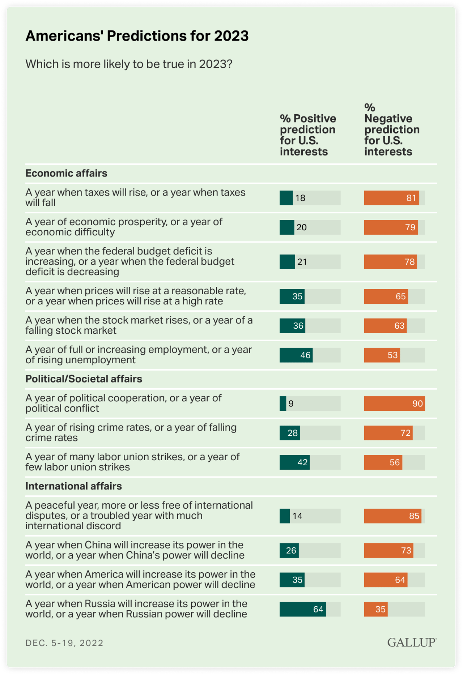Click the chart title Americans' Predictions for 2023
(137, 36)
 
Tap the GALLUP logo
(412, 642)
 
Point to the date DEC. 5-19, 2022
(64, 643)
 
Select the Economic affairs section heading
(66, 173)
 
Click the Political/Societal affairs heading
(84, 379)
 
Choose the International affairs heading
(73, 486)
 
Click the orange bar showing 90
(394, 403)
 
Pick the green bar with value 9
(283, 403)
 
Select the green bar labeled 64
(302, 609)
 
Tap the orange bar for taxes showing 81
(391, 198)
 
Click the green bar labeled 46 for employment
(296, 355)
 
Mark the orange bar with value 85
(392, 516)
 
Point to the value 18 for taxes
(300, 198)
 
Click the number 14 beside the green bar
(297, 516)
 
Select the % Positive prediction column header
(308, 135)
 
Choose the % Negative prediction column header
(392, 129)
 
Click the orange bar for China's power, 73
(388, 550)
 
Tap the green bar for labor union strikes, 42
(294, 462)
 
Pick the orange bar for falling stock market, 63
(385, 326)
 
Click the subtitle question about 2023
(129, 64)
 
